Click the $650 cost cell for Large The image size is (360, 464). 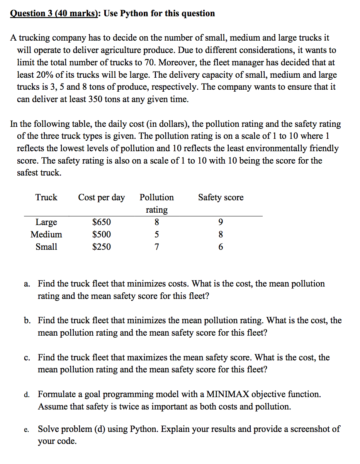click(102, 222)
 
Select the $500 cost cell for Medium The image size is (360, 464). click(102, 235)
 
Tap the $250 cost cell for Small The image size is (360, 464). click(102, 247)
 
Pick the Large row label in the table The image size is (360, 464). click(46, 222)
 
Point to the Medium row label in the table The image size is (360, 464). click(46, 235)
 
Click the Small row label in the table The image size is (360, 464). click(46, 247)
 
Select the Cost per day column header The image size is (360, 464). click(102, 198)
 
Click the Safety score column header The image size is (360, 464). click(221, 198)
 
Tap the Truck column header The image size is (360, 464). click(46, 198)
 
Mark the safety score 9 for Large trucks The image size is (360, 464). click(221, 222)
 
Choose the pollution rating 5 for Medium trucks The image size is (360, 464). click(156, 235)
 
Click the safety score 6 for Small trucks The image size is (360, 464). click(221, 247)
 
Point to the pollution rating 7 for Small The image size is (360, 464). click(156, 247)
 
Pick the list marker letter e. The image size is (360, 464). click(25, 430)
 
